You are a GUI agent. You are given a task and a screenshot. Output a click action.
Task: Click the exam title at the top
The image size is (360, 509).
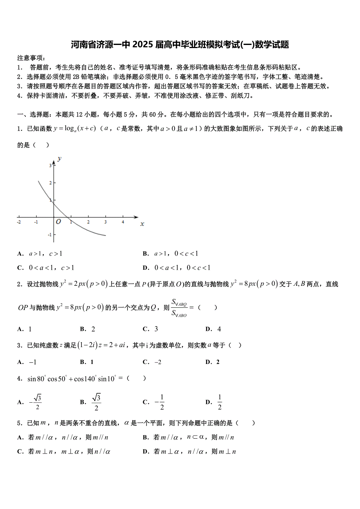[x=180, y=45]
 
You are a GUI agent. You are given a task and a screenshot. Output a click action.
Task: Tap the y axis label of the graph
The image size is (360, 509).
[x=59, y=158]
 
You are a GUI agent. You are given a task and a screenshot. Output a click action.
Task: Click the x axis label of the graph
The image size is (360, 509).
[x=142, y=224]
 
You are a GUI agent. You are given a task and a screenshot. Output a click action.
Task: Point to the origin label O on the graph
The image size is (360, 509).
[x=58, y=222]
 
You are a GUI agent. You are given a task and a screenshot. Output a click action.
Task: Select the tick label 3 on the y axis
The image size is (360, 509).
[x=50, y=166]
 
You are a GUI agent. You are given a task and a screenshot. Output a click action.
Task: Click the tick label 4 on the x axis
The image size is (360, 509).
[x=123, y=222]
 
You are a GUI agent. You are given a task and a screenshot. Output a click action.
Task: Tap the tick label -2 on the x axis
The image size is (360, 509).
[x=19, y=222]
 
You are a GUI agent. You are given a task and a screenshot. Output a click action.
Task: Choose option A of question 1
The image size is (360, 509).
[x=40, y=254]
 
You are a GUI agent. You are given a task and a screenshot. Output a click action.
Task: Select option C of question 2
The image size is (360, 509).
[x=151, y=329]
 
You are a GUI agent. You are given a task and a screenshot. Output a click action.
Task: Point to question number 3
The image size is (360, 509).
[x=19, y=345]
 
